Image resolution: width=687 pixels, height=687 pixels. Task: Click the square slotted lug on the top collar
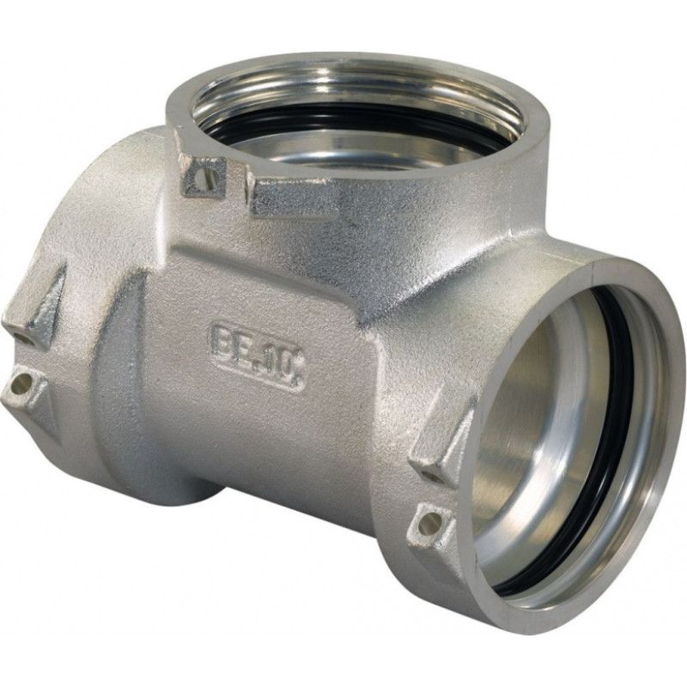tap(204, 176)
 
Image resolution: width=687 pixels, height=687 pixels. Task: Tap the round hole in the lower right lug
tap(428, 520)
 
